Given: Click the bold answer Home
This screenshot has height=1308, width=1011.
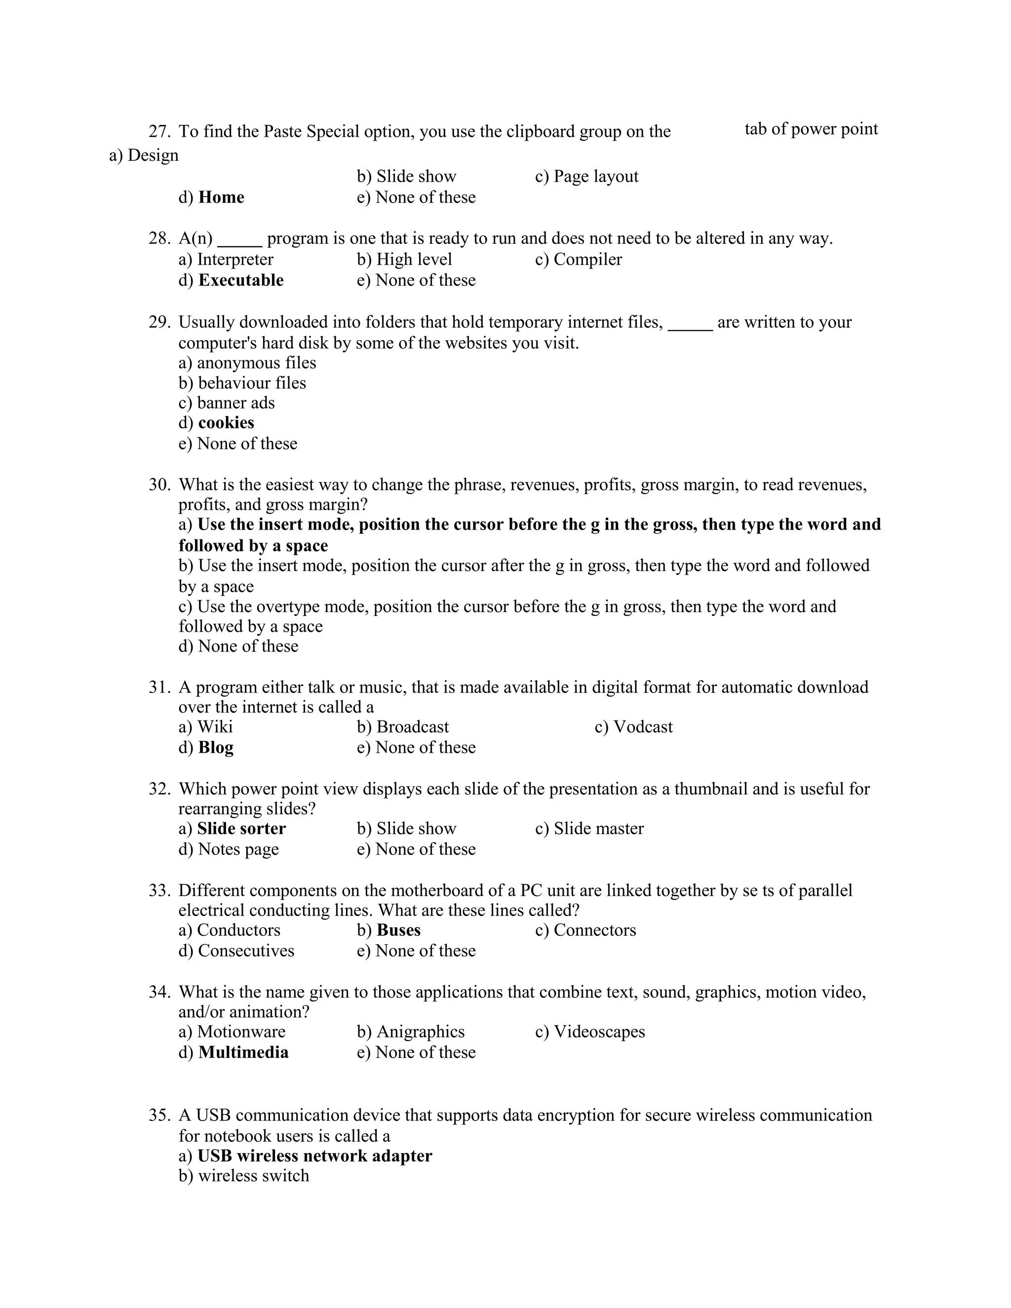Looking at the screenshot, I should click(x=221, y=197).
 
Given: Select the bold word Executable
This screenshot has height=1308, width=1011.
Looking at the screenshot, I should click(x=241, y=280).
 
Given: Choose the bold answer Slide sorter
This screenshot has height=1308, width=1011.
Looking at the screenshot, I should click(x=241, y=828).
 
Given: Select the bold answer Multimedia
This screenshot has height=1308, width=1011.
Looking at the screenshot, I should click(x=243, y=1052).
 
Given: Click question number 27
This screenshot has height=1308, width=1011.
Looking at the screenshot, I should click(x=159, y=131).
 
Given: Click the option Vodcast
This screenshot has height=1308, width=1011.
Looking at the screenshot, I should click(x=643, y=727).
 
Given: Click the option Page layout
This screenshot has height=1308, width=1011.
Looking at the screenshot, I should click(x=596, y=176).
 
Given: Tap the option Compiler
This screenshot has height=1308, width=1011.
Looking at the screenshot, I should click(x=587, y=259).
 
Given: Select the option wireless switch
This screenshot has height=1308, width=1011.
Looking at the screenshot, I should click(x=253, y=1176).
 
